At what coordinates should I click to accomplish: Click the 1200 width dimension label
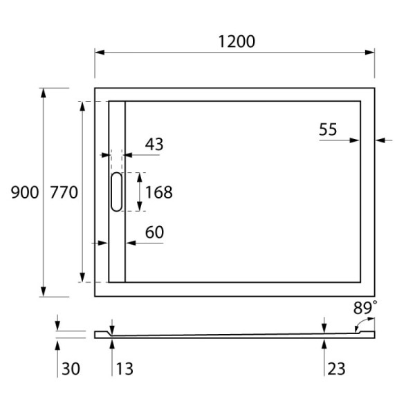(237, 41)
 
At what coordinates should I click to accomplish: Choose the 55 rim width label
(328, 129)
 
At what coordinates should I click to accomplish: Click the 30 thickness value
(71, 369)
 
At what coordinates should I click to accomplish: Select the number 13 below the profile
(124, 369)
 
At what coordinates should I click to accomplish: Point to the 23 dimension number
(335, 369)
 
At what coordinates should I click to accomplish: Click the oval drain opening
(116, 192)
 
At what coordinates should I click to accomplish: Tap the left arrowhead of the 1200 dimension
(99, 52)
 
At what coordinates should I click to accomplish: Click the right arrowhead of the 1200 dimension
(371, 52)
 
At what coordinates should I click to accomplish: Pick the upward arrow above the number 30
(57, 344)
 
